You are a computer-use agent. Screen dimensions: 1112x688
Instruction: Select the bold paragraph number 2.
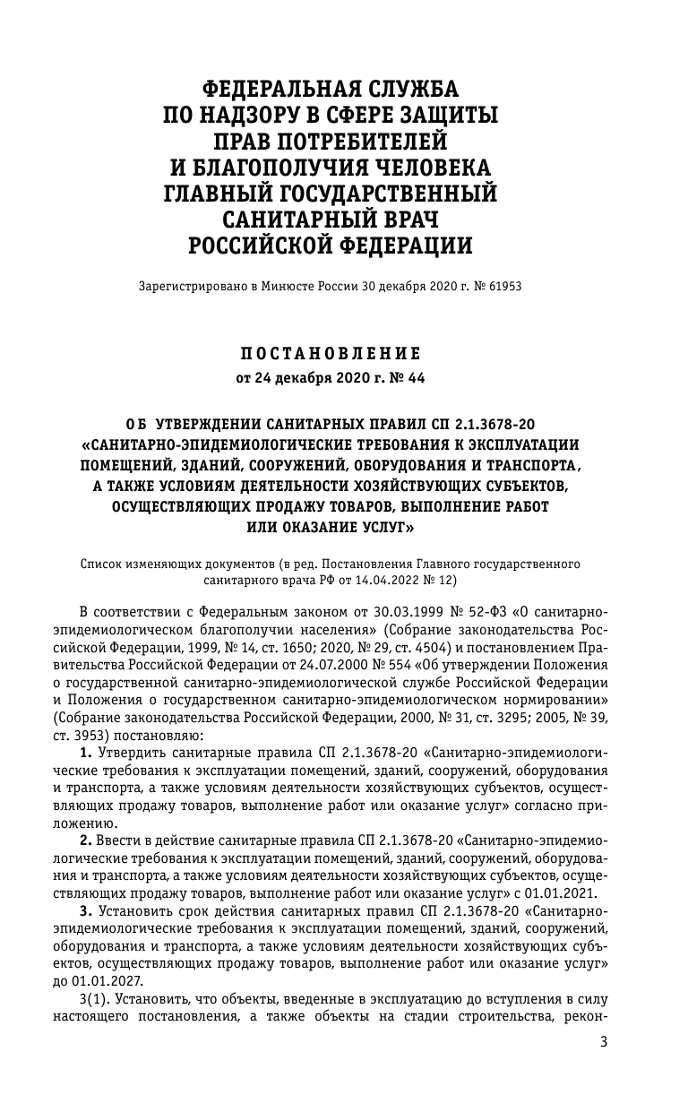coord(85,841)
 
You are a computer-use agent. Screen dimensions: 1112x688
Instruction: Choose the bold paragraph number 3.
coord(85,910)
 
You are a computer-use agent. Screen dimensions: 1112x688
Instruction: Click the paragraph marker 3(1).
coord(95,996)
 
